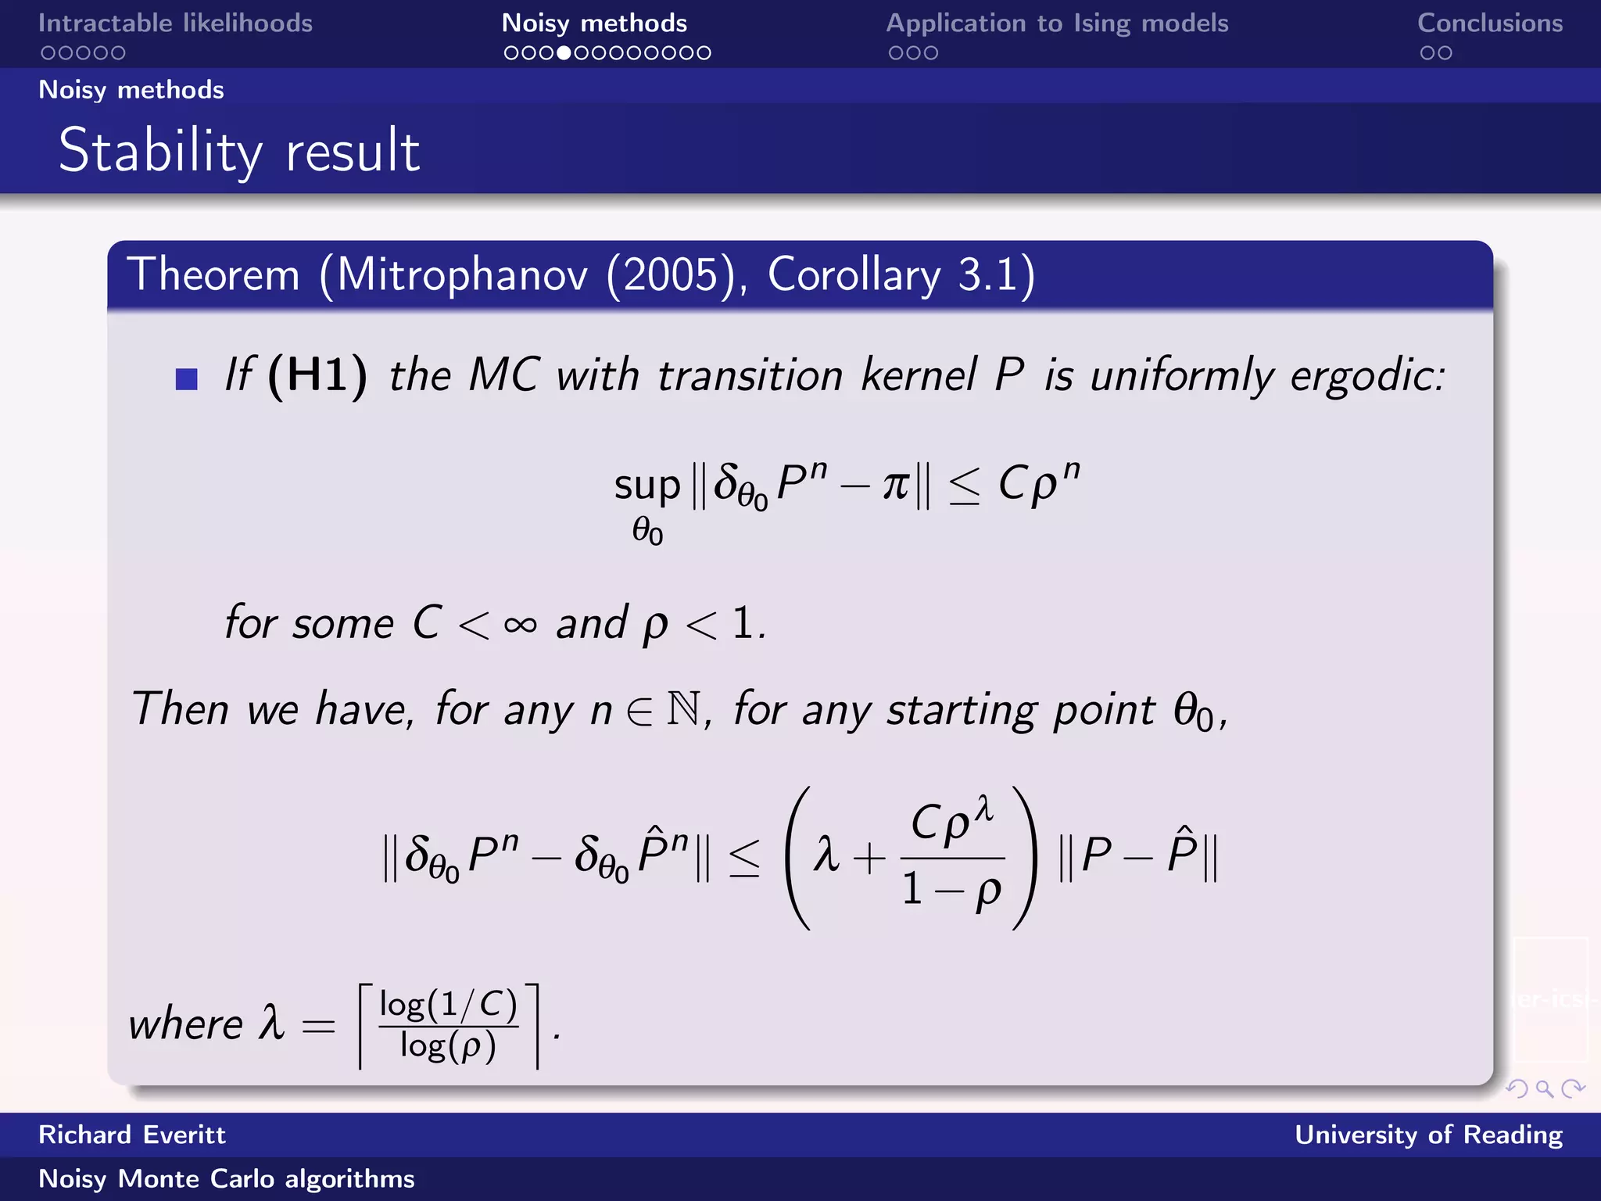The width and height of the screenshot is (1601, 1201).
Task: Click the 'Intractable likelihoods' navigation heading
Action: click(175, 23)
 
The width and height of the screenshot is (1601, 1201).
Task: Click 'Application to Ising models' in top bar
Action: click(1057, 23)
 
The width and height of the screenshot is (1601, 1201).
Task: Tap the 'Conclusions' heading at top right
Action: click(1490, 23)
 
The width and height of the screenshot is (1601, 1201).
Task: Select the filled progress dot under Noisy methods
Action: click(564, 53)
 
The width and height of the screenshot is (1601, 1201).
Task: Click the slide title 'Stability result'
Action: click(239, 150)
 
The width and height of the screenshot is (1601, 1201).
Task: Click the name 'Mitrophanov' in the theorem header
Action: click(461, 275)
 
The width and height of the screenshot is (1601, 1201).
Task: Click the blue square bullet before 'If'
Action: click(187, 379)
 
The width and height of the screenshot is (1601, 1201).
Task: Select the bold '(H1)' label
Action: click(317, 375)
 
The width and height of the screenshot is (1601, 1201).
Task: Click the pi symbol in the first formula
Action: click(896, 486)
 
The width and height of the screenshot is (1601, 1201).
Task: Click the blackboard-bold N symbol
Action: click(684, 709)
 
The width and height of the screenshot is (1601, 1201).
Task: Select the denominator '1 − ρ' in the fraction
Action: click(951, 890)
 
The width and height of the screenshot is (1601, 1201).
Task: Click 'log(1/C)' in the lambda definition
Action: click(448, 1005)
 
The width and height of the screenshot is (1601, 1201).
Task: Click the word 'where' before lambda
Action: click(186, 1024)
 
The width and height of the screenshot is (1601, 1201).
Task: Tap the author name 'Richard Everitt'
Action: click(132, 1135)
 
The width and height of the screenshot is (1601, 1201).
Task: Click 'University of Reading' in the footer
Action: click(1428, 1135)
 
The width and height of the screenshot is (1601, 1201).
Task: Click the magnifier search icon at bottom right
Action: click(1544, 1088)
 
